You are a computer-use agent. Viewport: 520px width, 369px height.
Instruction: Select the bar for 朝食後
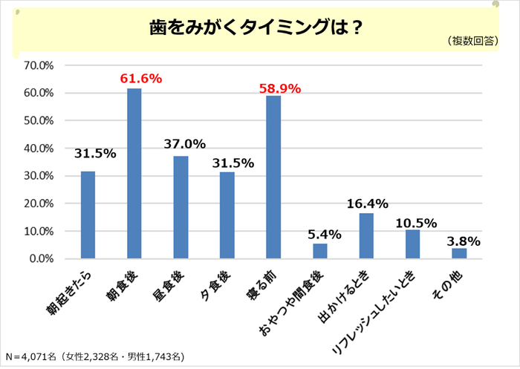134,174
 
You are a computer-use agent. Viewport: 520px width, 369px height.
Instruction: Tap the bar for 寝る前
273,177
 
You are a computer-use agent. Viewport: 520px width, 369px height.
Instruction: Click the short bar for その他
459,253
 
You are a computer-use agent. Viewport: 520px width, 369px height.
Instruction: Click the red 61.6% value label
140,78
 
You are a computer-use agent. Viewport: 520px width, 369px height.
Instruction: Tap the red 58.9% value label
279,88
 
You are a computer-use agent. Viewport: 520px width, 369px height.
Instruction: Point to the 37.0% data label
186,144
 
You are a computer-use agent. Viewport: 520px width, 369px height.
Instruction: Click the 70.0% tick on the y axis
37,65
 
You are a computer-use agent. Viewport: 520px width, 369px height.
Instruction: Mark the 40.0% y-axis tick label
37,148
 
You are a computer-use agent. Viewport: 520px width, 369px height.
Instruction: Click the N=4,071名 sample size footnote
94,356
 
